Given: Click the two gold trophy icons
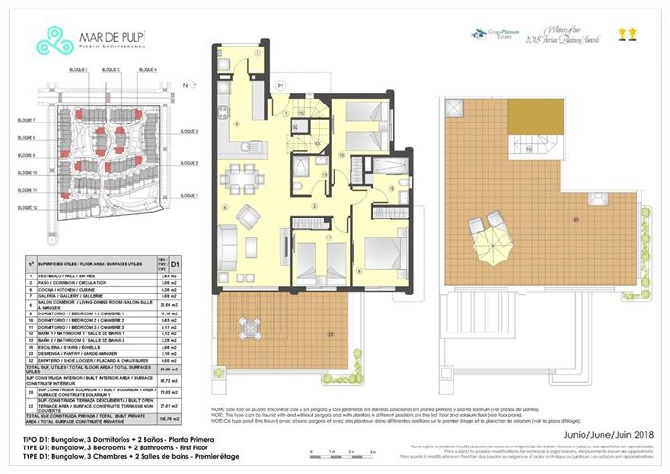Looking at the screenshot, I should tap(627, 36).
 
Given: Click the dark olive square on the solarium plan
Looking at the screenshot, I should tap(528, 121).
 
